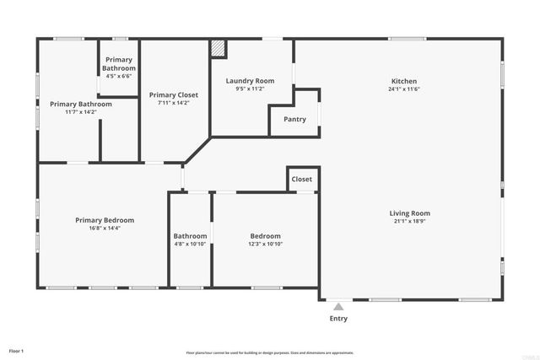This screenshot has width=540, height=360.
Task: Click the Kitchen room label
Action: pos(404,81)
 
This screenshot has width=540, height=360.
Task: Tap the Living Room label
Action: pos(409,213)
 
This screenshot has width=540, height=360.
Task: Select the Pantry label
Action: pos(294,120)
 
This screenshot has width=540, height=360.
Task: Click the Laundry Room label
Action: pos(250,81)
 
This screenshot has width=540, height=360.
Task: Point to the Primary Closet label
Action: pos(174,95)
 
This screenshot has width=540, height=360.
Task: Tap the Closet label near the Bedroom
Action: pos(301,180)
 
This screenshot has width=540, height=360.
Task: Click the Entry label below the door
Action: pos(337,319)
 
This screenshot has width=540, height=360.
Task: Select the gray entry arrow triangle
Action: pos(337,307)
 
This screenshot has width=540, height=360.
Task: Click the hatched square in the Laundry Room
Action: pos(219,49)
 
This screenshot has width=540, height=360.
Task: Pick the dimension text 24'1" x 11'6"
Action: pos(404,89)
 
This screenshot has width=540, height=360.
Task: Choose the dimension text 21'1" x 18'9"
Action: pos(409,222)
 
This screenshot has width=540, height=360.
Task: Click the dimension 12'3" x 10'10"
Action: pos(265,244)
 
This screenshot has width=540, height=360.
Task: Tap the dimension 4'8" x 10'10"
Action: pos(190,244)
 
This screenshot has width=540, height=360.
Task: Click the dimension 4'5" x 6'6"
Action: pos(118,76)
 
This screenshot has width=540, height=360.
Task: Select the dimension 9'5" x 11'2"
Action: pos(250,89)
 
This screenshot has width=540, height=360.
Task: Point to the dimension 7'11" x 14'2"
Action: pos(174,104)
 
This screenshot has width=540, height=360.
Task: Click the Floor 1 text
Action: pos(16,350)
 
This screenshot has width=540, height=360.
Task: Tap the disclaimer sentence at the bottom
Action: pos(270,353)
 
